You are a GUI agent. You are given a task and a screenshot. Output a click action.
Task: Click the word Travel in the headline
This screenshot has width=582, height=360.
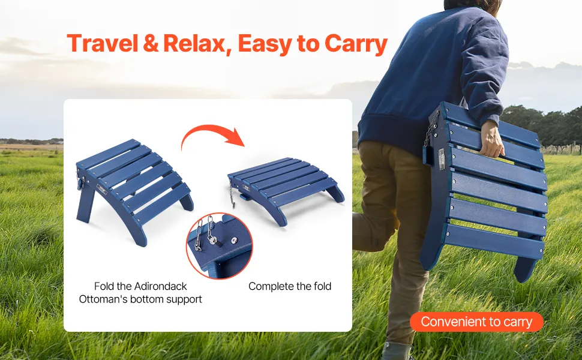103,43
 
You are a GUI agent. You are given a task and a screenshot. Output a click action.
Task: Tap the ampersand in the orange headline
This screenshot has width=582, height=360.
151,43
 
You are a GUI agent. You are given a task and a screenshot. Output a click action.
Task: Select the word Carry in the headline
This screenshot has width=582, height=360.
356,44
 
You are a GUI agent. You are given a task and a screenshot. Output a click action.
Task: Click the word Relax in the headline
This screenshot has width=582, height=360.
194,43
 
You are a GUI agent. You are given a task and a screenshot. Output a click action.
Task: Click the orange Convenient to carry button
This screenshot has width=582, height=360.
476,322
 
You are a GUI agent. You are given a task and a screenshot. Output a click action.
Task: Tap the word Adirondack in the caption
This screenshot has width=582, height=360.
161,286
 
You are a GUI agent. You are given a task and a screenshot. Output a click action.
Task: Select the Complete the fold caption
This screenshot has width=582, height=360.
290,286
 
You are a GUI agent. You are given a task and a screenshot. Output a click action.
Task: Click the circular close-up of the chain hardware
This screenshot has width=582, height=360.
220,245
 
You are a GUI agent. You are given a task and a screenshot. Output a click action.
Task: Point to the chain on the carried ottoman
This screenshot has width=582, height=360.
431,129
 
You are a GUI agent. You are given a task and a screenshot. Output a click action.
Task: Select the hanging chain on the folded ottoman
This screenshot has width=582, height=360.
232,196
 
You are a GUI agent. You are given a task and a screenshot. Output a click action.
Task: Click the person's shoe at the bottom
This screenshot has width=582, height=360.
398,351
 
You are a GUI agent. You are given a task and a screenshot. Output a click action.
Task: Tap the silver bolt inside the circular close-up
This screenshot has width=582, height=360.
212,241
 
